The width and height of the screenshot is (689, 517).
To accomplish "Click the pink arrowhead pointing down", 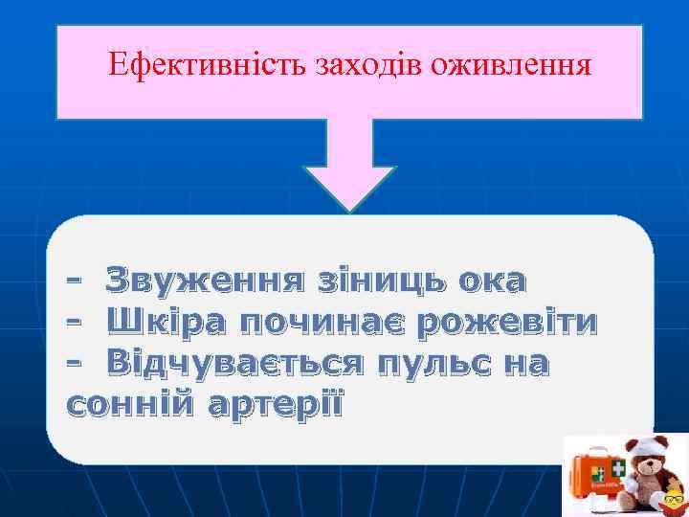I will (350, 186).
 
